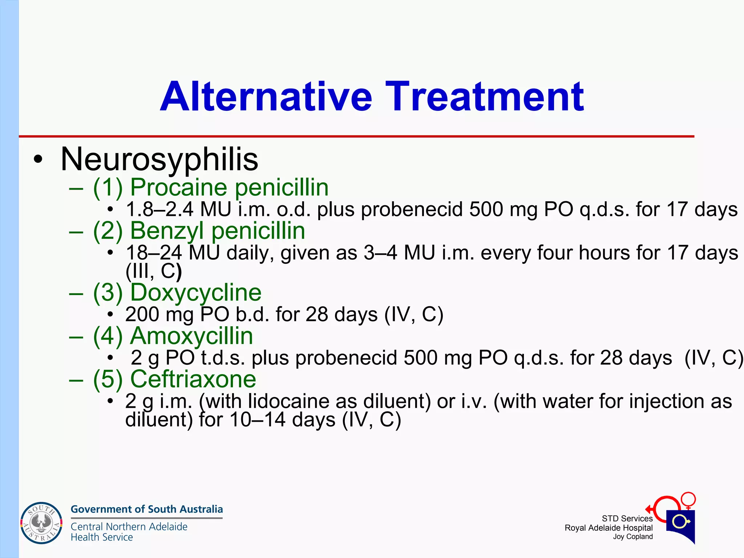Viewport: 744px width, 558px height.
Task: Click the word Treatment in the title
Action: pyautogui.click(x=485, y=97)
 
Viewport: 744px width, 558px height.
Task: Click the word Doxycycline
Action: pyautogui.click(x=196, y=292)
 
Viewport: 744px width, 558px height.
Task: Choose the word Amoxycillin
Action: pyautogui.click(x=191, y=336)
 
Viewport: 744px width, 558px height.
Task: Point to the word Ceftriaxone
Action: pyautogui.click(x=193, y=379)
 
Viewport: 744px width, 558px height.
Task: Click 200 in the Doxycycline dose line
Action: pyautogui.click(x=142, y=314)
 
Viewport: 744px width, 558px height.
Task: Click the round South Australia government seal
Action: pyautogui.click(x=41, y=523)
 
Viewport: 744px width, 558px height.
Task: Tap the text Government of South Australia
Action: pyautogui.click(x=147, y=509)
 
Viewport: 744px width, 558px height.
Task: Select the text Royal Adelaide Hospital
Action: pyautogui.click(x=608, y=528)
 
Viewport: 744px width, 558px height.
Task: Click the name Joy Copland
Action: pyautogui.click(x=633, y=537)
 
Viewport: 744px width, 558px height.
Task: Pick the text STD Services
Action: pyautogui.click(x=627, y=519)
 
